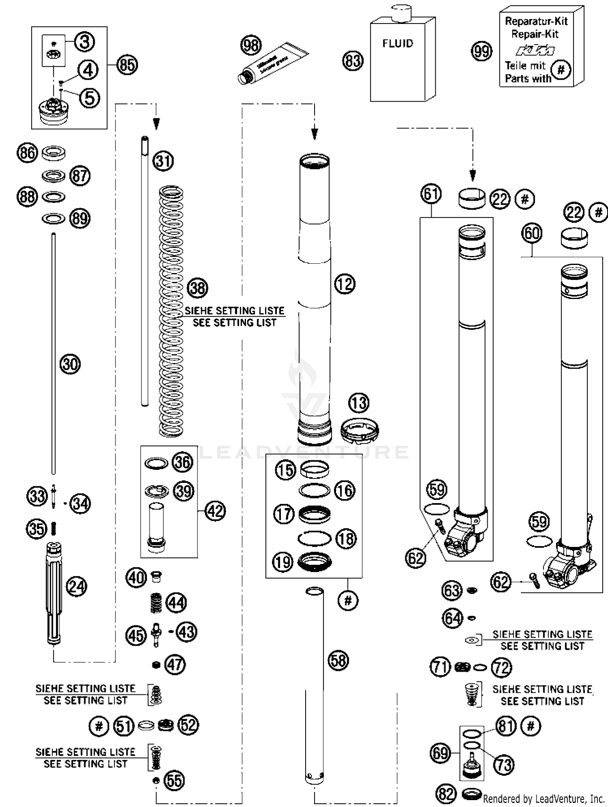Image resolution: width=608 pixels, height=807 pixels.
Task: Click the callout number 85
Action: [127, 65]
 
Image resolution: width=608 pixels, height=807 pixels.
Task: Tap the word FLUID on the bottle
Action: [398, 43]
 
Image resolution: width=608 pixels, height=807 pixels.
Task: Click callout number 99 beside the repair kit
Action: [482, 51]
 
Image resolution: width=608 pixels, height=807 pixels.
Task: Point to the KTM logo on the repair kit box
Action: [535, 51]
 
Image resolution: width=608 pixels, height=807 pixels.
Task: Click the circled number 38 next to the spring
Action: [197, 288]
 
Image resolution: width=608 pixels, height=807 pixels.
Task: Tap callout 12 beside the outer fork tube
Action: [345, 284]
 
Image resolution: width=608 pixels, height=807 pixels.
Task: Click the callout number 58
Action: [338, 660]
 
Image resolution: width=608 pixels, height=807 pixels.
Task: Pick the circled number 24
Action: [76, 586]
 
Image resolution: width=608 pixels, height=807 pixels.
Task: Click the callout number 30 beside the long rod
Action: [70, 364]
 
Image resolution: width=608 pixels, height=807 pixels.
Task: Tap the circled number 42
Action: [215, 511]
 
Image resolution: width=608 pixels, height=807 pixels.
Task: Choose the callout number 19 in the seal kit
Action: [283, 562]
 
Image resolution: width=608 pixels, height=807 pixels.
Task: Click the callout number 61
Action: [430, 194]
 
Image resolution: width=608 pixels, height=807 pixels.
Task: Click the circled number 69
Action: [440, 753]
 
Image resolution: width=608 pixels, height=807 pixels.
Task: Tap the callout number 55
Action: [174, 780]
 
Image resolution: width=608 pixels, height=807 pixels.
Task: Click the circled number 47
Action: [175, 664]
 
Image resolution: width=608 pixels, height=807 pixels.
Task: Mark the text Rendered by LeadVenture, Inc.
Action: [543, 798]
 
